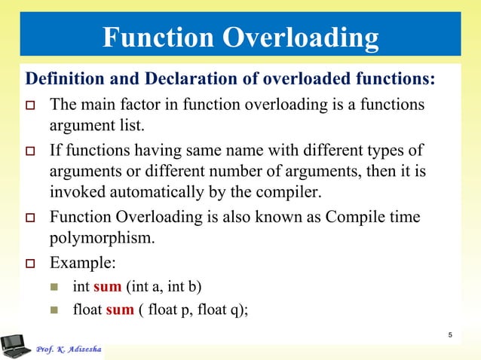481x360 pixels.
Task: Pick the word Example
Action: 81,264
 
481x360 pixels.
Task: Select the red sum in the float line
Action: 120,308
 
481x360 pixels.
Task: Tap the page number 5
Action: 449,335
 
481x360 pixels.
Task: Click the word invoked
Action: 75,189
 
